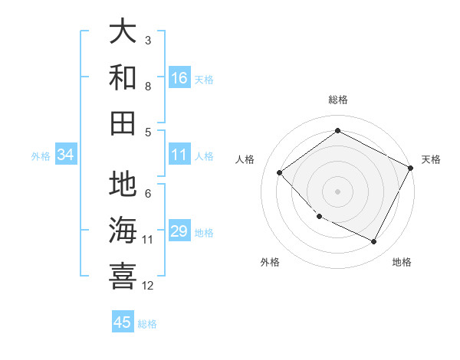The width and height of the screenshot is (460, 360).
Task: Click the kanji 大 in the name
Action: pyautogui.click(x=123, y=33)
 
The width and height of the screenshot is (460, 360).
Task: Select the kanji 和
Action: pyautogui.click(x=123, y=77)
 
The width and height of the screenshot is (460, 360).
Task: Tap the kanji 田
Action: pyautogui.click(x=123, y=123)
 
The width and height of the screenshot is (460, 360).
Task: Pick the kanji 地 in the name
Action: pyautogui.click(x=123, y=184)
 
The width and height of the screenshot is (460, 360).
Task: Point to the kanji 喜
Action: pyautogui.click(x=123, y=275)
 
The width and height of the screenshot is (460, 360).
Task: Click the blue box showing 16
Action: pyautogui.click(x=179, y=78)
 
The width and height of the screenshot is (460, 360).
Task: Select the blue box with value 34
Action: pyautogui.click(x=66, y=155)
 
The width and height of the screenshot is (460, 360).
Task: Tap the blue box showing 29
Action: pyautogui.click(x=179, y=231)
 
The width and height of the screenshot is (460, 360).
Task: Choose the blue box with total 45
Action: pyautogui.click(x=123, y=322)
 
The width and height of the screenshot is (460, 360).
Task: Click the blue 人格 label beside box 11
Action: pyautogui.click(x=204, y=155)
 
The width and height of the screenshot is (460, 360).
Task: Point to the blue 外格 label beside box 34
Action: pyautogui.click(x=41, y=155)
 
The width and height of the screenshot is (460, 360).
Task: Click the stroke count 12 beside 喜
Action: pyautogui.click(x=148, y=286)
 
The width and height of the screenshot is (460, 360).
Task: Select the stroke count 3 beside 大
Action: pyautogui.click(x=148, y=40)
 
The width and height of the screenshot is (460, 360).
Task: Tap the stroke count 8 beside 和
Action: pyautogui.click(x=148, y=87)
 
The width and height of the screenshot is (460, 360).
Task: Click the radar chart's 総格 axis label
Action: pyautogui.click(x=337, y=100)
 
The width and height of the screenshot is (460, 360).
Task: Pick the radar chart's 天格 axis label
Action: pyautogui.click(x=431, y=159)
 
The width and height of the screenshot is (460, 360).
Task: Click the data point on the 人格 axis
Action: pyautogui.click(x=280, y=173)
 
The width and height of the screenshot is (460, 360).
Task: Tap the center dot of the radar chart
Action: pyautogui.click(x=337, y=191)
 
